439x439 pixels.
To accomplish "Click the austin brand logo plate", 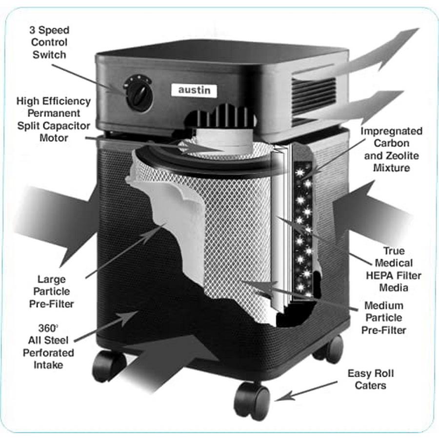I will [x=194, y=90].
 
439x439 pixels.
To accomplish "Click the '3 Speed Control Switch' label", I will [x=49, y=42].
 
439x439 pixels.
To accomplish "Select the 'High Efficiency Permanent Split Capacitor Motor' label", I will [x=53, y=119].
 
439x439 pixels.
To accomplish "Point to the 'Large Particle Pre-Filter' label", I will [x=53, y=292].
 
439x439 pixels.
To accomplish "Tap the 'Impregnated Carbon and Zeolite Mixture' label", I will [x=392, y=150].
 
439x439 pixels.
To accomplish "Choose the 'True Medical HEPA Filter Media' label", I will [x=393, y=269].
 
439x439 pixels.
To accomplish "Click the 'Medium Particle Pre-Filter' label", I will [x=383, y=318].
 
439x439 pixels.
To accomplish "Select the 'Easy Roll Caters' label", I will [x=370, y=379].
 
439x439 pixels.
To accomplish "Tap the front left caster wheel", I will [x=108, y=365].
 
